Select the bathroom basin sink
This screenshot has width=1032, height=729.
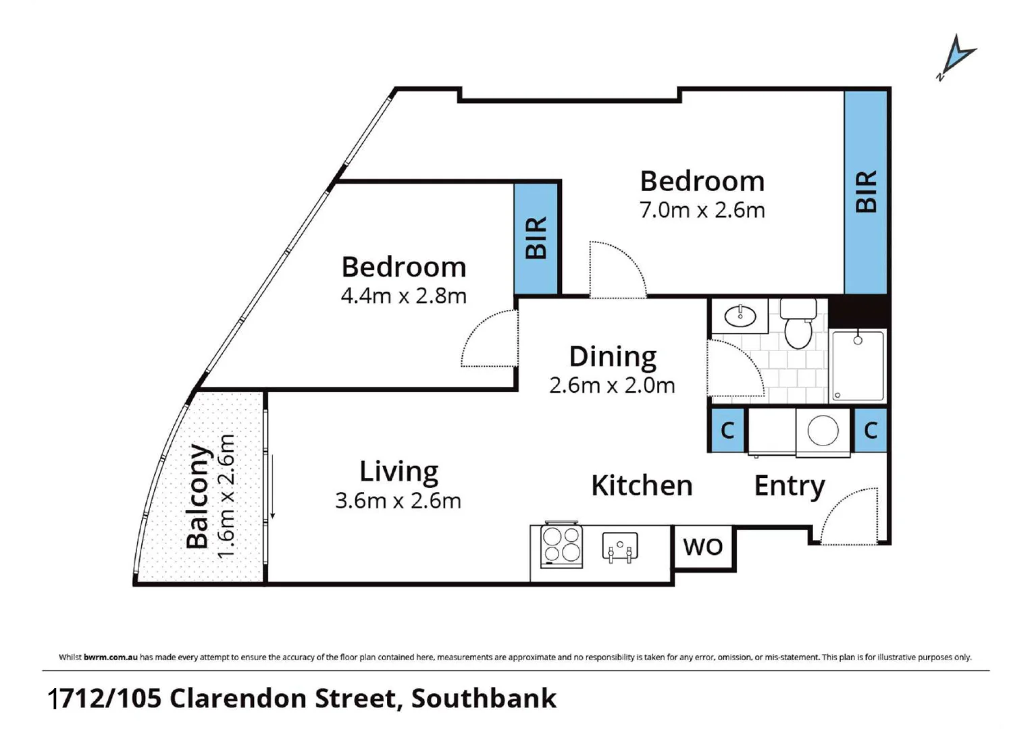(740, 315)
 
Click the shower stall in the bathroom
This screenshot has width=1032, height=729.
(858, 366)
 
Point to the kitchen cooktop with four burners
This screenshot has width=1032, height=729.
(562, 545)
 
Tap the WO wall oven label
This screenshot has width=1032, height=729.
(703, 547)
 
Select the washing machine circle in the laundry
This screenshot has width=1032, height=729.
(823, 430)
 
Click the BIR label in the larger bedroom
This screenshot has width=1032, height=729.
(866, 192)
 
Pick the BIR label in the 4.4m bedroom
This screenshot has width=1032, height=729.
(536, 238)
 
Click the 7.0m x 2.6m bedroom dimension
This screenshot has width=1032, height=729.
(702, 211)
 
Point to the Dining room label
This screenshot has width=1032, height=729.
(613, 356)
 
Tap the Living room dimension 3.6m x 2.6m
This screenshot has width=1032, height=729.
(398, 501)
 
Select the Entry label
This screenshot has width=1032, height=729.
(789, 486)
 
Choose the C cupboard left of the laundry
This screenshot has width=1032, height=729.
(727, 430)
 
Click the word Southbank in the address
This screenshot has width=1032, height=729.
(484, 699)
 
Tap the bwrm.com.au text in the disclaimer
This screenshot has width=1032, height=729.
(111, 657)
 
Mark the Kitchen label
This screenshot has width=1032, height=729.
(642, 486)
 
